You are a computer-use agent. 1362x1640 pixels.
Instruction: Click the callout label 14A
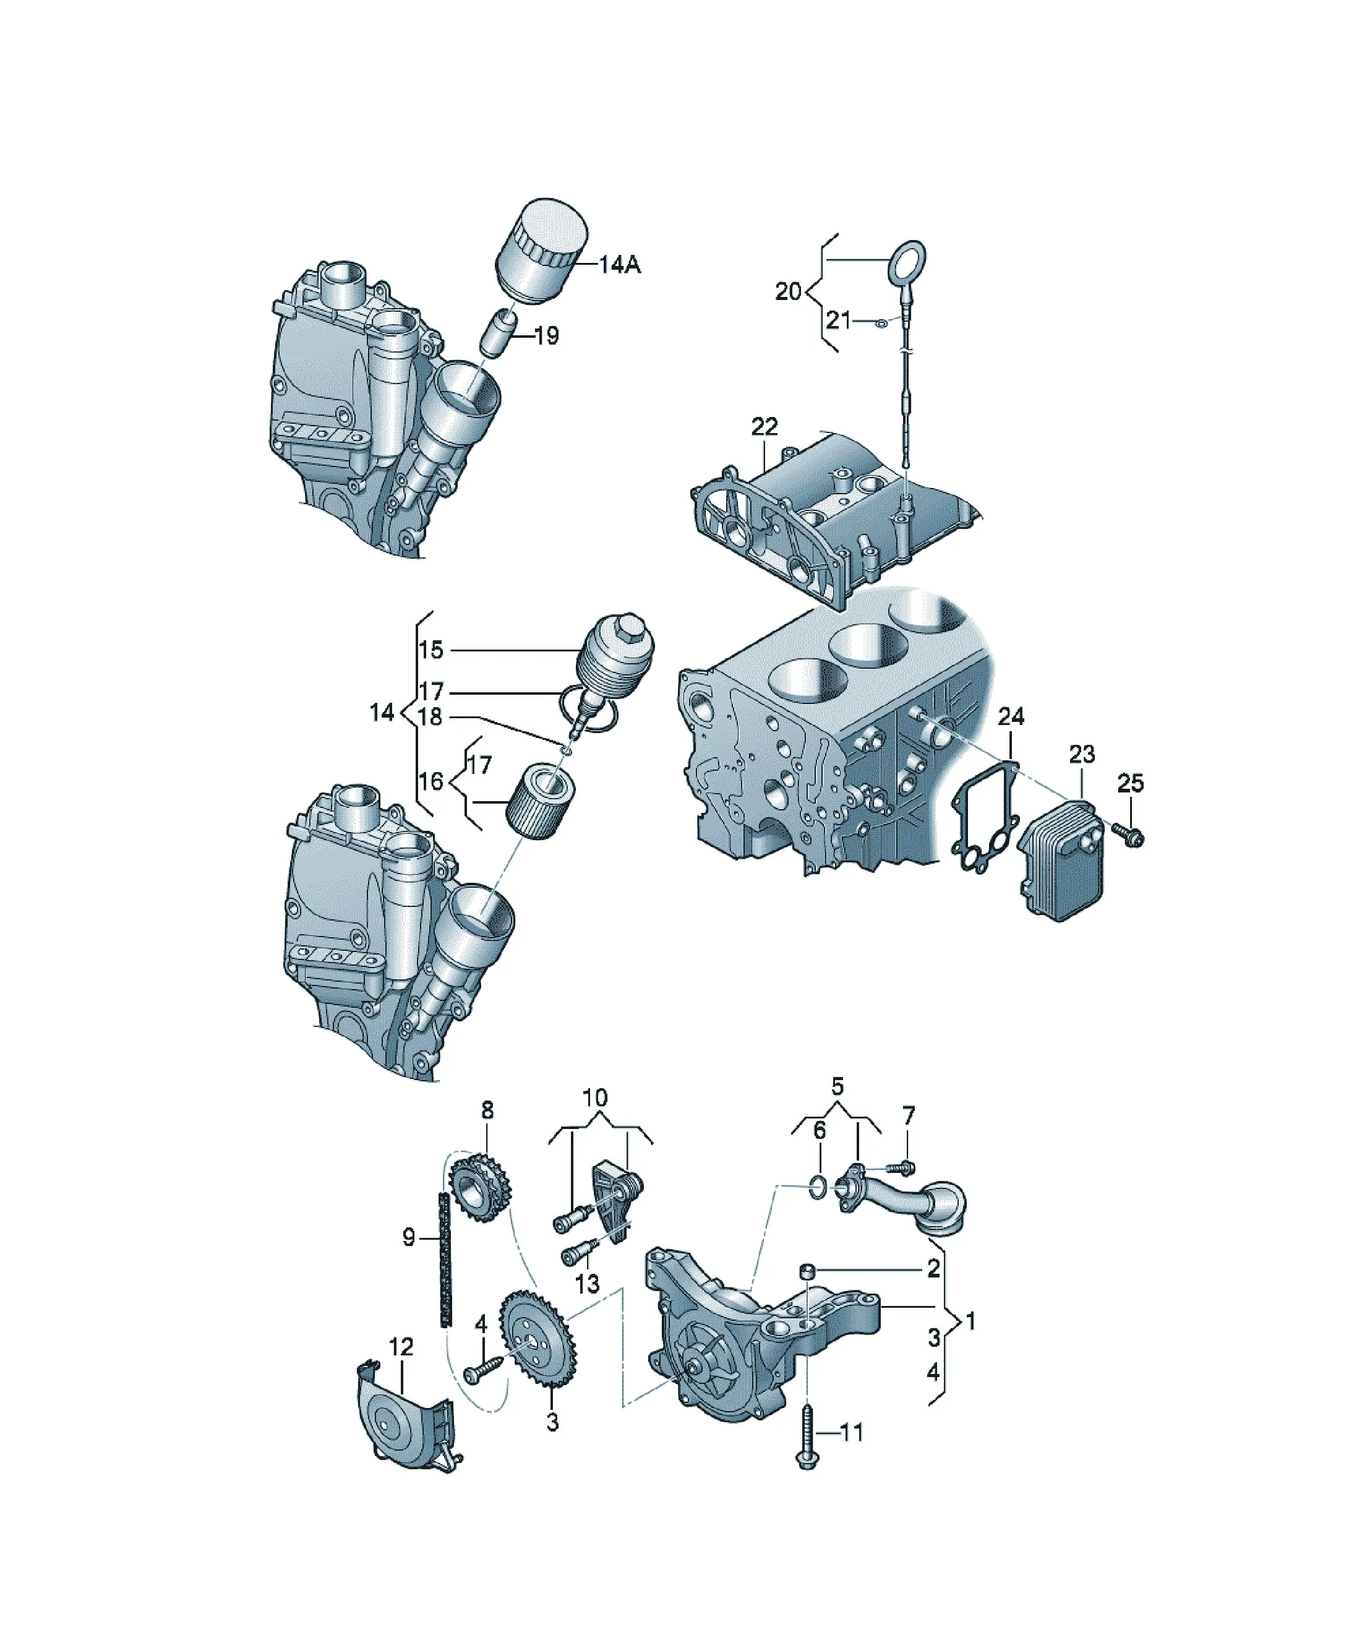[x=620, y=265]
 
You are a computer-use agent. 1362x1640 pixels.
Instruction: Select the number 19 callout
[x=547, y=336]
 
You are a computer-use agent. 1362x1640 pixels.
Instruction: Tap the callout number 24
[x=1011, y=716]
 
